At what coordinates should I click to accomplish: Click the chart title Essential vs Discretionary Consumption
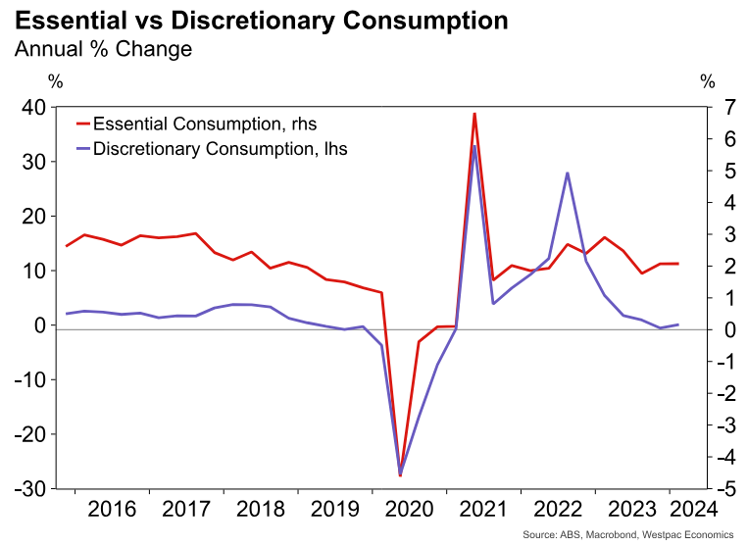click(262, 21)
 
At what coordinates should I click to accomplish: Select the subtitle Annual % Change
click(103, 49)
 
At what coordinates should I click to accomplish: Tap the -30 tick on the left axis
click(32, 488)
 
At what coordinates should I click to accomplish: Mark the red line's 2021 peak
click(474, 114)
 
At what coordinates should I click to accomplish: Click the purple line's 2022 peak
click(568, 174)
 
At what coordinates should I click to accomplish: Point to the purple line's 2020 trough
click(400, 473)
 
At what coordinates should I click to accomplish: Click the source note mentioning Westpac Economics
click(627, 534)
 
